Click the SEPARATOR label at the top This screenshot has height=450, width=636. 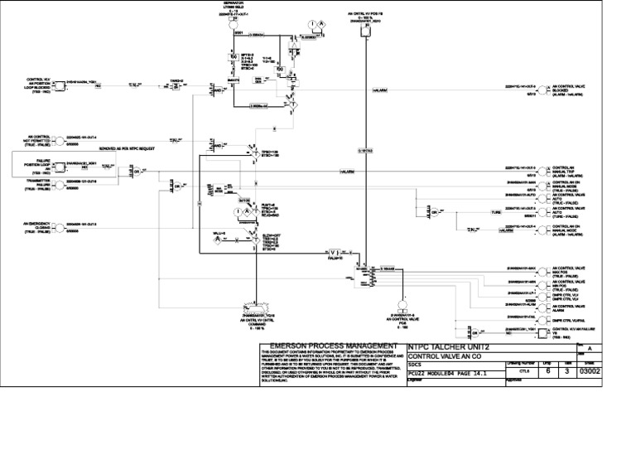tap(226, 3)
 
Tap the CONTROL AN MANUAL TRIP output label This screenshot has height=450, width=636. tap(567, 171)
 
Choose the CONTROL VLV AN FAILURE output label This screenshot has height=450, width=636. tap(571, 331)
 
